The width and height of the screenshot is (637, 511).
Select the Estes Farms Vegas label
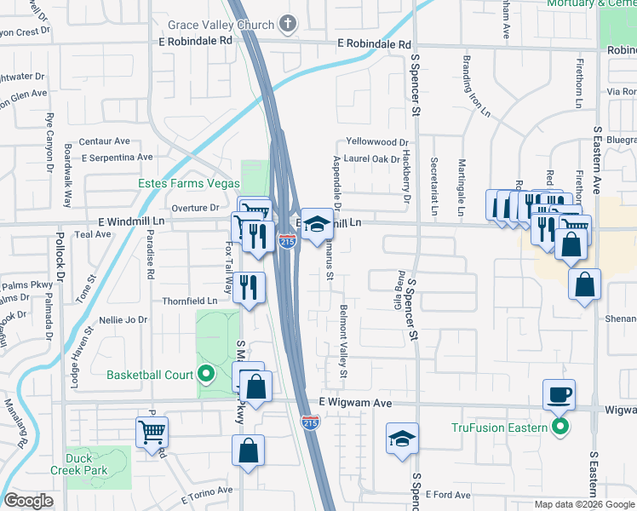click(188, 183)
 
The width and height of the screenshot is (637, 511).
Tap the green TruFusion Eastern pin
click(559, 427)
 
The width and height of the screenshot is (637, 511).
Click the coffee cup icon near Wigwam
click(559, 393)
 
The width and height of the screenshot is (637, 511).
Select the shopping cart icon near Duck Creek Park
click(152, 431)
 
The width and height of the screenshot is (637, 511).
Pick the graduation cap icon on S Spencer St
click(402, 438)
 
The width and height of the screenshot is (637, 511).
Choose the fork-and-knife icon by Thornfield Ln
click(249, 287)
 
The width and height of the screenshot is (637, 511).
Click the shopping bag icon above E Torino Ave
click(248, 450)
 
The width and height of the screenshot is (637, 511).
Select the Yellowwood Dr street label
click(377, 142)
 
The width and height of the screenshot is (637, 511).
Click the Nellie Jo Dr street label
click(123, 320)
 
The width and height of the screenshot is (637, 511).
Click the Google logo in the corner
click(28, 502)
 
